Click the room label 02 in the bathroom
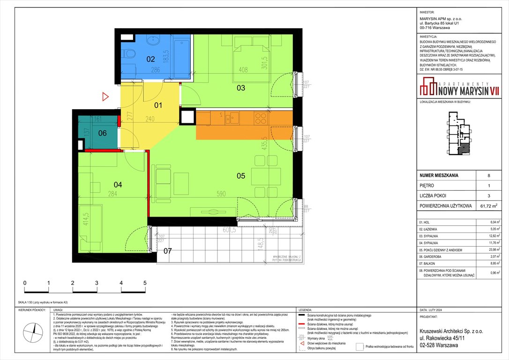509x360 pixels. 150,59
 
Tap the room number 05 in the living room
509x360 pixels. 241,176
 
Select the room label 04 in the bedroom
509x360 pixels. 118,185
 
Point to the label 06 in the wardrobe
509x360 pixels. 102,133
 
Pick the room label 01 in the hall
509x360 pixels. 158,105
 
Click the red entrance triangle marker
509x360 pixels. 105,97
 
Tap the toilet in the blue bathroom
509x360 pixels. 129,53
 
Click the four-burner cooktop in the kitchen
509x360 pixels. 260,118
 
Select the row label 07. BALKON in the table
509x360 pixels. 431,263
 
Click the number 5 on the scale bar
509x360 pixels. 145,283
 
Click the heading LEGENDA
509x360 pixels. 307,310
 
